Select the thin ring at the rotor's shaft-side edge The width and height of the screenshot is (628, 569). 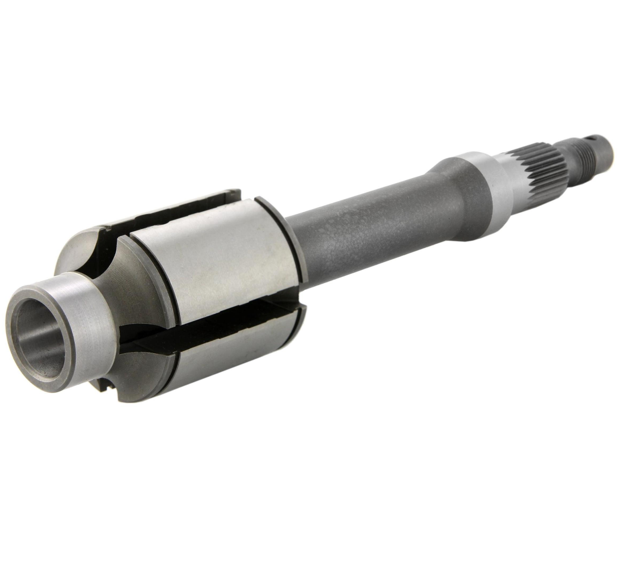[x=279, y=237]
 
